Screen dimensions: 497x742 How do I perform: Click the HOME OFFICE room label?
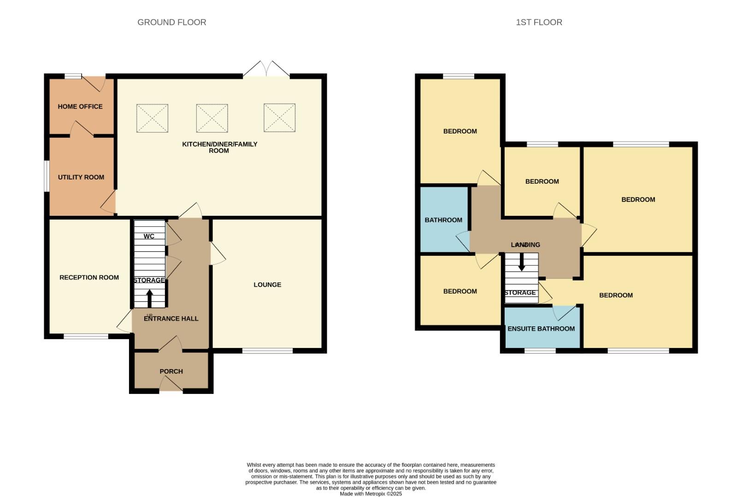80,106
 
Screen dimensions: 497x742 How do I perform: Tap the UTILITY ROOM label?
81,177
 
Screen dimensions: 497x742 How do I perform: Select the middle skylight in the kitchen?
212,118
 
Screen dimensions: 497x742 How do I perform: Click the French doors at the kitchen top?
266,69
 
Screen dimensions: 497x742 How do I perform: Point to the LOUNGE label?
267,285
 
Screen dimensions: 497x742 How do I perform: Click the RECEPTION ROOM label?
89,277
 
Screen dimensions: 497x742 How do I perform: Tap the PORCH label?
171,371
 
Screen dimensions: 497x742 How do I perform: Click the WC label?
149,237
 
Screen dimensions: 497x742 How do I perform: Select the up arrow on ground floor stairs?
149,298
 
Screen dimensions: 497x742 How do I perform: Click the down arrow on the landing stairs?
522,262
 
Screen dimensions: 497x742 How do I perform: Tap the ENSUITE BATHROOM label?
541,329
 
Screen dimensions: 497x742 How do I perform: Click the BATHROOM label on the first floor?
443,220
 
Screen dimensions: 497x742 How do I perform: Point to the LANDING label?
525,245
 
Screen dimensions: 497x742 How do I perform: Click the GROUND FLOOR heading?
171,22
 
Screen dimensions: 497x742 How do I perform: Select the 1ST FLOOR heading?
539,22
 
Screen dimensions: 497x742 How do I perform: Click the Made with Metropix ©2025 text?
371,494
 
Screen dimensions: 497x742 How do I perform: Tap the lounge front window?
267,351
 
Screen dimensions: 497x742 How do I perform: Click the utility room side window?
47,175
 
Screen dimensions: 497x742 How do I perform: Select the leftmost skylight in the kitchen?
152,118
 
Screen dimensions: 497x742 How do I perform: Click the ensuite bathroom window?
540,351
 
